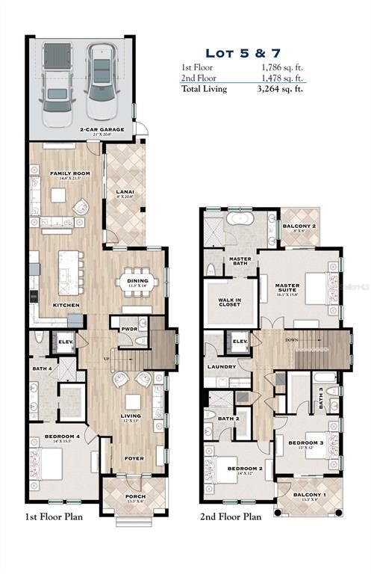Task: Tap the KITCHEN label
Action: point(66,305)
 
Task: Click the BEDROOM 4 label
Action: point(63,436)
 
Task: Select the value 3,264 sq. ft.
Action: point(282,88)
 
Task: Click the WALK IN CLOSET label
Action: point(228,303)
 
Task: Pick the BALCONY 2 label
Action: point(302,226)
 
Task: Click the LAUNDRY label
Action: point(223,366)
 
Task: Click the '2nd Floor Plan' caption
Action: point(230,516)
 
